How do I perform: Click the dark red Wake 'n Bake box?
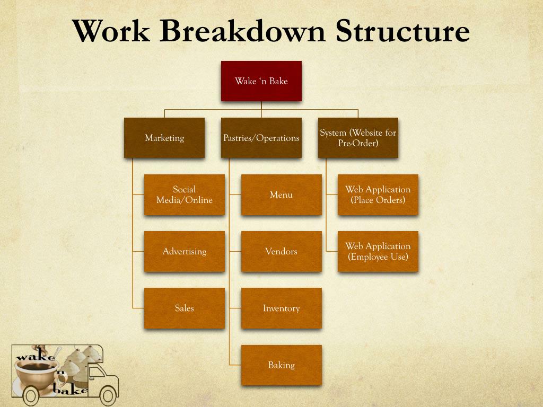[261, 81]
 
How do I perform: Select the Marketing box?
[164, 138]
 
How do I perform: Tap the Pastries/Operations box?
[261, 138]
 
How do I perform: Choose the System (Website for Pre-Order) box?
[358, 138]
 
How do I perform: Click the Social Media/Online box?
[184, 194]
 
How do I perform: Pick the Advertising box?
[184, 251]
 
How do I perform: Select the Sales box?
[184, 308]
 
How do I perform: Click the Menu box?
[281, 194]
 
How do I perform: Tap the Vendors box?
[281, 251]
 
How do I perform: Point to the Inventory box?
[281, 308]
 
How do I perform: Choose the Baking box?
[281, 365]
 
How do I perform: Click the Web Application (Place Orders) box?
[378, 194]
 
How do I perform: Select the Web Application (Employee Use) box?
[378, 251]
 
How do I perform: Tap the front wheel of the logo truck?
[108, 395]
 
